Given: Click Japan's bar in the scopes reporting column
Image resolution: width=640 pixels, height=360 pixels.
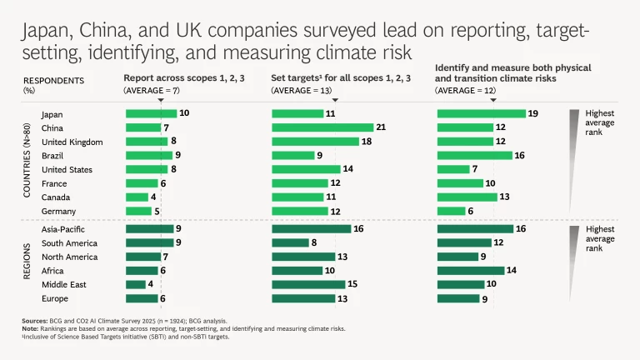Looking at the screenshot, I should tap(150, 114).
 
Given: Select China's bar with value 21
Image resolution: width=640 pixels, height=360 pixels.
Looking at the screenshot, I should tap(322, 127).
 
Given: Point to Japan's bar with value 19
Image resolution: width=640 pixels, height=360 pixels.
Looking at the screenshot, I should tap(481, 114).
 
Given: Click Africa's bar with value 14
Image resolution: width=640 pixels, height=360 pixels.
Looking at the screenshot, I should tap(471, 270).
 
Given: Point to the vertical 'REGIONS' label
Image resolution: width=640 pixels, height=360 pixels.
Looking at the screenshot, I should tap(27, 261).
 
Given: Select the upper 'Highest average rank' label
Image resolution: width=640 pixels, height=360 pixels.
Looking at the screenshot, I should tap(599, 122).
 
